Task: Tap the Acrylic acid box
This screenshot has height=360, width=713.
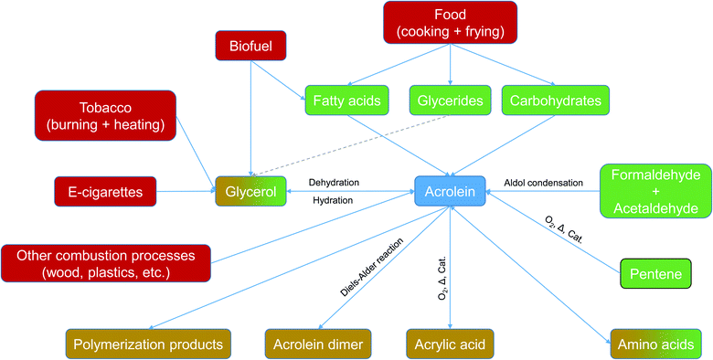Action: point(451,344)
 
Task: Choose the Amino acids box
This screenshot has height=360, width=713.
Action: point(656,344)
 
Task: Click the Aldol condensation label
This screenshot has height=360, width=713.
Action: point(543,183)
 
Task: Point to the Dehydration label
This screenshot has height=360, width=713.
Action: point(334,182)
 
